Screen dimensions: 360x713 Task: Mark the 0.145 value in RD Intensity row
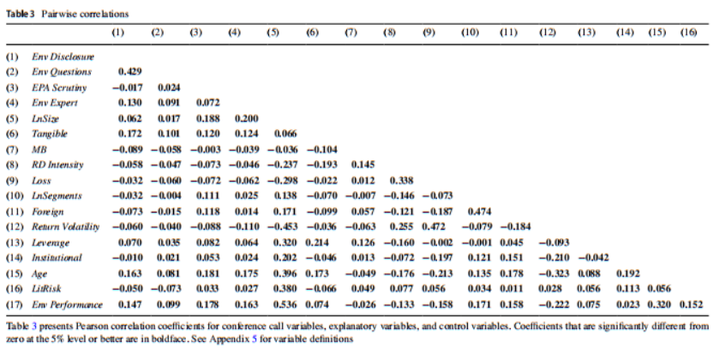pos(363,165)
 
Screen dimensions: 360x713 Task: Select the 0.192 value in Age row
pos(629,273)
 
